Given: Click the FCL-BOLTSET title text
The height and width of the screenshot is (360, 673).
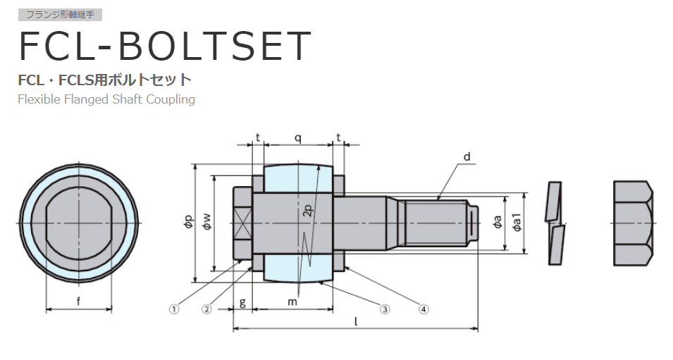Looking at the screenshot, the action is pos(165,46).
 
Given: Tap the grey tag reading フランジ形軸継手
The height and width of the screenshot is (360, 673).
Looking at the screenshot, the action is pos(60,15).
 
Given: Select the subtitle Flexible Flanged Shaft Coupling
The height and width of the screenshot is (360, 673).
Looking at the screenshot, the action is pos(106,99).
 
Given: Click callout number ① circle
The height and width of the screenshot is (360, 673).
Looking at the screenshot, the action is pos(174,309).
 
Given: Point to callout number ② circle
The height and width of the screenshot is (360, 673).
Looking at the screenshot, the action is pos(207,309).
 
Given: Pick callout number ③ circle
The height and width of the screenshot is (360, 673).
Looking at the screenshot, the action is pos(385,309).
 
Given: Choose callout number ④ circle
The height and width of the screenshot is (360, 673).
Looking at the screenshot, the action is pos(424,309).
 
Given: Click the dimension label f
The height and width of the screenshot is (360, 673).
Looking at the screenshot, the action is pos(78,302).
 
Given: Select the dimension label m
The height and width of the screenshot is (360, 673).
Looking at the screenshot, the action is pos(292,302).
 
